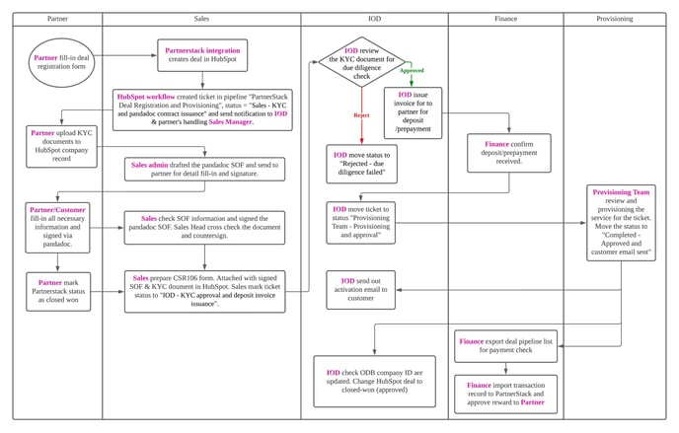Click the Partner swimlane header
(x=58, y=19)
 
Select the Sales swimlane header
(x=201, y=19)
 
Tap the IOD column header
(x=375, y=19)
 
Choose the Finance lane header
(x=505, y=19)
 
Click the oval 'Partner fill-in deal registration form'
(x=63, y=62)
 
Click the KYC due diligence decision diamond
(x=362, y=62)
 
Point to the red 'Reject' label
(x=361, y=114)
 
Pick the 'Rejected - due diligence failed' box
(x=361, y=164)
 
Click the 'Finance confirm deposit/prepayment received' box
(x=508, y=152)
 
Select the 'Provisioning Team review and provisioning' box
(x=620, y=222)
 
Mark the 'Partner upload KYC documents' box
(x=61, y=145)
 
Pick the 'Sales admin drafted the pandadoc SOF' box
(x=204, y=169)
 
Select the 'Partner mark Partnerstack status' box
(x=61, y=293)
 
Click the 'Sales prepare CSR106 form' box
(x=204, y=291)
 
